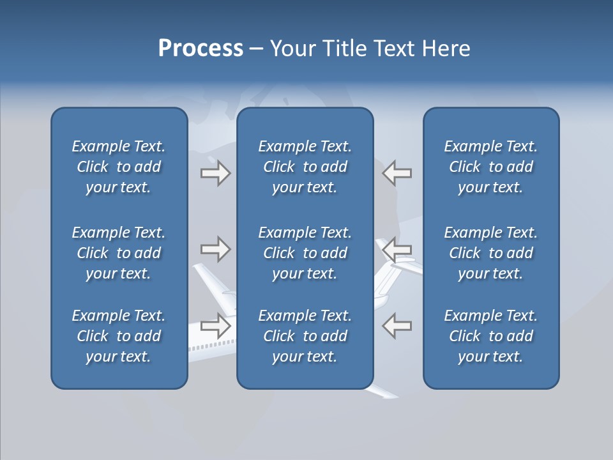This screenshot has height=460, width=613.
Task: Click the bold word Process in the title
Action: coord(201,49)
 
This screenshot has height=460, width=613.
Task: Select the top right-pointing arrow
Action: coord(215,173)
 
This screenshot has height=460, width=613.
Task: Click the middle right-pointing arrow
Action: coord(215,249)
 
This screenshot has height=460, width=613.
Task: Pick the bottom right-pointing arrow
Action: coord(215,326)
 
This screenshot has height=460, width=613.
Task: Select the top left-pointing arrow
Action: coord(397,173)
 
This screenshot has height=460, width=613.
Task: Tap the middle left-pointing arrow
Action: coord(397,249)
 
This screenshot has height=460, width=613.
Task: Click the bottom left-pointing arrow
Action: coord(397,326)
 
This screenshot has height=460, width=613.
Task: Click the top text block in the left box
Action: coord(119,167)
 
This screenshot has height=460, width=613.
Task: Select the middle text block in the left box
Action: coord(119,253)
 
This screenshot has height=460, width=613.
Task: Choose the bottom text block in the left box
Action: coord(119,336)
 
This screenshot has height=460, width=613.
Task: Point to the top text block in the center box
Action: coord(305,167)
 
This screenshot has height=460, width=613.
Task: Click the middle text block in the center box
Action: coord(305,253)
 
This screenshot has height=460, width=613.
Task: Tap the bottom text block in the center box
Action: coord(305,336)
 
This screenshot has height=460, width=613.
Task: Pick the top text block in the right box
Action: coord(490,167)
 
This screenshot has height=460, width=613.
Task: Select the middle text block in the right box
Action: coord(490,253)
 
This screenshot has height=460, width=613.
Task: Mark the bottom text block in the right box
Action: coord(490,336)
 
